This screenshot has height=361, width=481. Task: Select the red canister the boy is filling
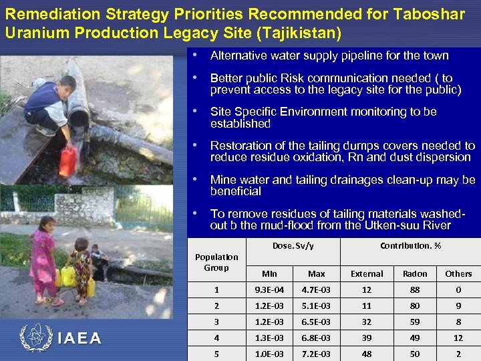(68, 161)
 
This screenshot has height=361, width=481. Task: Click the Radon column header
(415, 273)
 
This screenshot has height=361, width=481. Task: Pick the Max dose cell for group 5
(317, 354)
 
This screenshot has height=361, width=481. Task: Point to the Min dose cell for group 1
(269, 289)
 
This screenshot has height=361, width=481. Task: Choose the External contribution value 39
(367, 338)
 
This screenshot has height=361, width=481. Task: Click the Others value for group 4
(458, 338)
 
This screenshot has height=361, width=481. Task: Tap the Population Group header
(216, 262)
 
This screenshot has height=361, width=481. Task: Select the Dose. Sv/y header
(293, 245)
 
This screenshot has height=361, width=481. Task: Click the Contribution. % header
(410, 245)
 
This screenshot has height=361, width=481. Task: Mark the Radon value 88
(415, 289)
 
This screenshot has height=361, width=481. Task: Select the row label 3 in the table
(216, 322)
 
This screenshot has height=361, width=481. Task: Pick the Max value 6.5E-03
(317, 322)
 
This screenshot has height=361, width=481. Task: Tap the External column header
(367, 273)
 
